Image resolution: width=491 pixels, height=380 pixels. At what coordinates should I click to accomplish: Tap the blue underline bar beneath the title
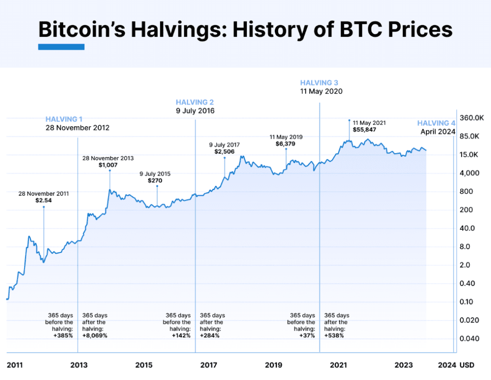tap(61, 47)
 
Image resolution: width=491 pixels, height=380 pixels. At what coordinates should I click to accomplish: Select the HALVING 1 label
tap(64, 119)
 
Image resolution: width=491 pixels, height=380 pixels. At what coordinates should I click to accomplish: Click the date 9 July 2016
tap(195, 111)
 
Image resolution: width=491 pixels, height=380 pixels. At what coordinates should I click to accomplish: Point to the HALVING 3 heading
tap(319, 83)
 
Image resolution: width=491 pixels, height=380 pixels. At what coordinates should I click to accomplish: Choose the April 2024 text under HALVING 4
tap(438, 131)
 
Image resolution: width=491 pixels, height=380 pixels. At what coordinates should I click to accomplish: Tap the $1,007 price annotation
tap(108, 165)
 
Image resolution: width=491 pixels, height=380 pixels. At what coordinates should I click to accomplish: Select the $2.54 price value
tap(44, 201)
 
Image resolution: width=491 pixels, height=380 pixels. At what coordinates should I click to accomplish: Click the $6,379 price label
tap(285, 143)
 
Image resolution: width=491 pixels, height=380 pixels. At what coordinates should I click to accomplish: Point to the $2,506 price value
tap(224, 152)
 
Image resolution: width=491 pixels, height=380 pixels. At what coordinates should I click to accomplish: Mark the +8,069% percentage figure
tap(95, 336)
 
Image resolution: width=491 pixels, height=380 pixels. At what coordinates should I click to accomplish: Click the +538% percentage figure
tap(334, 336)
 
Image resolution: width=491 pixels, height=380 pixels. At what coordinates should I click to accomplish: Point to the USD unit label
tap(467, 365)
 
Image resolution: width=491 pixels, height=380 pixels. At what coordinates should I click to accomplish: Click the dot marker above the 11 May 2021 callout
tap(350, 120)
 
